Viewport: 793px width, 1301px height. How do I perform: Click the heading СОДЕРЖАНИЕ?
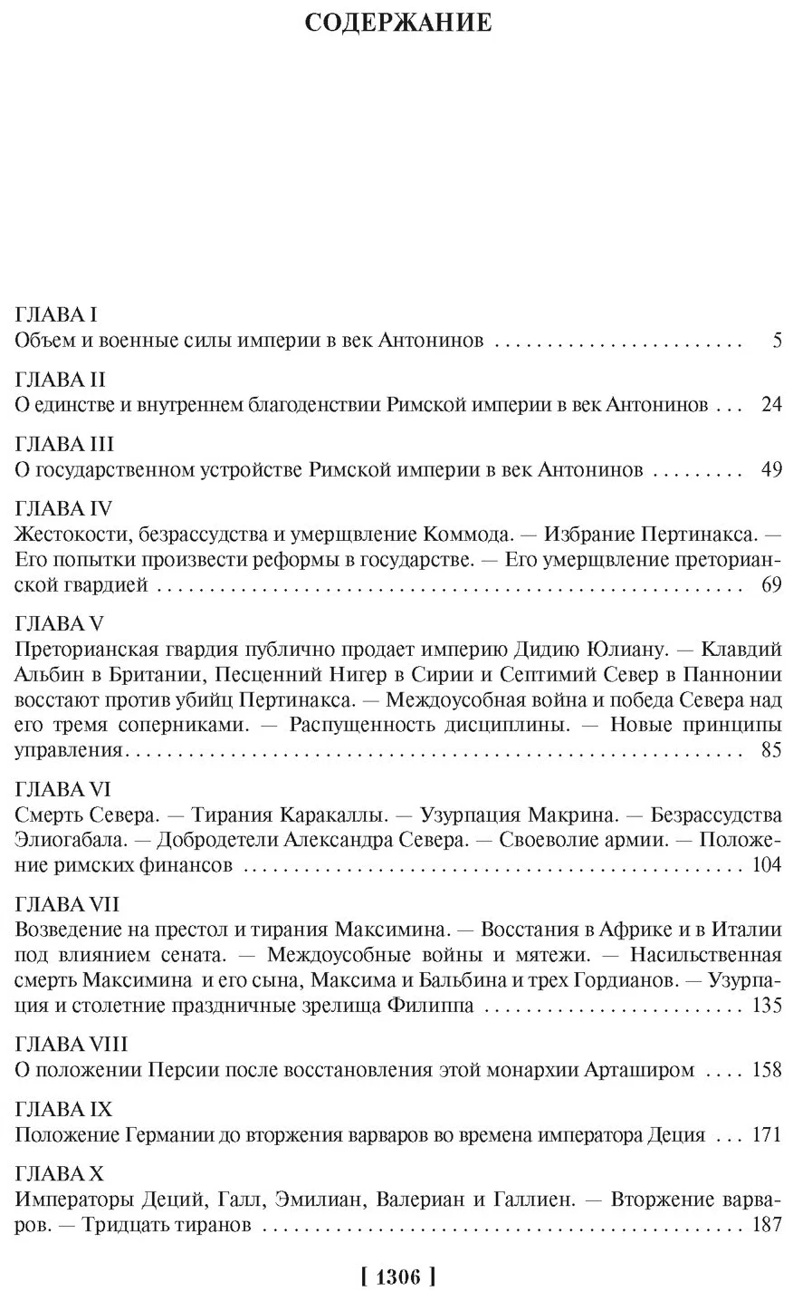(x=397, y=22)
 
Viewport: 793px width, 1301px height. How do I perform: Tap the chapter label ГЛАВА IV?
(x=62, y=508)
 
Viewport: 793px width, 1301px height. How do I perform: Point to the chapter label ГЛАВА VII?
(x=68, y=904)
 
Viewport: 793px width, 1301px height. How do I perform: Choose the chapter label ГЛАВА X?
(x=61, y=1174)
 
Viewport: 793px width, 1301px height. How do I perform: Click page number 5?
(x=776, y=341)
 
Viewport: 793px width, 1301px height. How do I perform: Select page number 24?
(x=770, y=405)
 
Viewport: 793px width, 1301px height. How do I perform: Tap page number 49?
(x=770, y=469)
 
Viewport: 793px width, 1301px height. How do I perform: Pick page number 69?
(x=770, y=585)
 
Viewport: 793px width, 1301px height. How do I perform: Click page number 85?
(x=770, y=750)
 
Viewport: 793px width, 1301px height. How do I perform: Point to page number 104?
(x=766, y=864)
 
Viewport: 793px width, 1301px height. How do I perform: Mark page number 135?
(x=766, y=1005)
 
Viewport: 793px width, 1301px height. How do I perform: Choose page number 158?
(x=766, y=1070)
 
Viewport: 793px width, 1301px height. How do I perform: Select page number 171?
(x=766, y=1134)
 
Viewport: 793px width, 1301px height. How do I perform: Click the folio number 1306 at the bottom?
(x=397, y=1277)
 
